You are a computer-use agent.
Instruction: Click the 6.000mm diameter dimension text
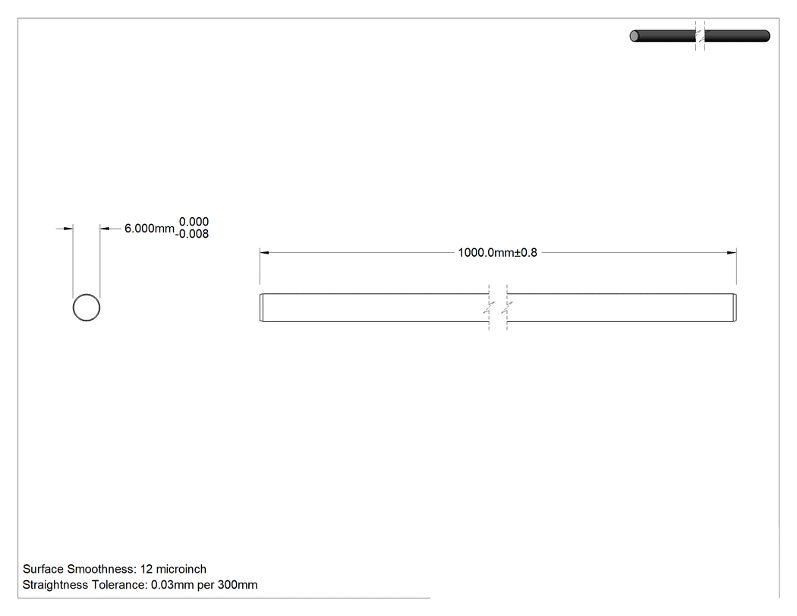coord(150,229)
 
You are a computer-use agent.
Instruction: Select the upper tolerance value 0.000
coord(194,222)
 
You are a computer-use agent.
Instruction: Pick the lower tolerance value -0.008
coord(192,234)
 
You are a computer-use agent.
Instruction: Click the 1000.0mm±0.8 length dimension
coord(497,253)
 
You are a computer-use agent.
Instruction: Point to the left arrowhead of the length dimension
coord(264,252)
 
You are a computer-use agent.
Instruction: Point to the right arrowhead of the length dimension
coord(732,252)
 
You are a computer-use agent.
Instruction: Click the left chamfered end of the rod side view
coord(262,308)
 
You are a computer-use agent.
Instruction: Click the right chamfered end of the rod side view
coord(735,308)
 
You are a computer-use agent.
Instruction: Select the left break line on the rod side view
coord(489,308)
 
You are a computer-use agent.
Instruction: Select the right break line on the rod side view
coord(507,308)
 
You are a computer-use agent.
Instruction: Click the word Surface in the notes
coord(43,569)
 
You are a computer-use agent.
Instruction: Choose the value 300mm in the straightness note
coord(238,585)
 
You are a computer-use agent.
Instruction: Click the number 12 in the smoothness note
coord(146,569)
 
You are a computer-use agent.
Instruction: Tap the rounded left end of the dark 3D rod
coord(634,36)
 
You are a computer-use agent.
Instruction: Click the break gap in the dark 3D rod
coord(700,36)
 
